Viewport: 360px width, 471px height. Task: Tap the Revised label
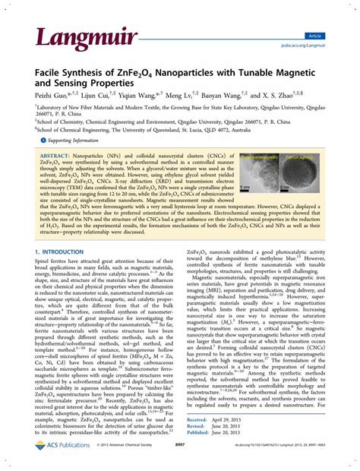tap(197, 447)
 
